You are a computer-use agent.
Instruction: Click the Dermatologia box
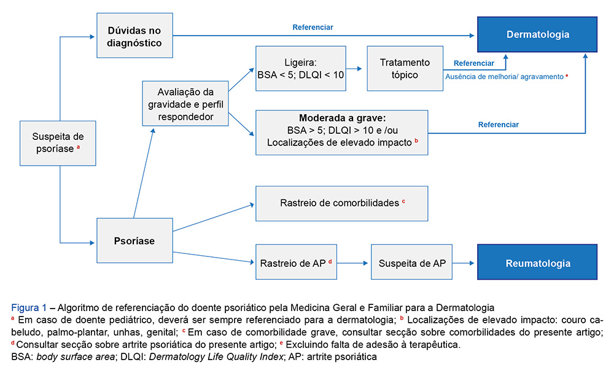[537, 35]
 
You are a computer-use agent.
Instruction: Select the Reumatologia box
[537, 263]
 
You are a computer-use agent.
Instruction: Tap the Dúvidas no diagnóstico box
[134, 36]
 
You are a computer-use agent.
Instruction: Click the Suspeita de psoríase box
[58, 143]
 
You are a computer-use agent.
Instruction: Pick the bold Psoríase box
[135, 241]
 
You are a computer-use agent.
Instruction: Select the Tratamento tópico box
[405, 69]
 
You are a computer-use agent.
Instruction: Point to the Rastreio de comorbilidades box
[342, 202]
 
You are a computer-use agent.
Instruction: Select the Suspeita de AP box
[413, 263]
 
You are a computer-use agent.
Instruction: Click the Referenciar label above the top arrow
[313, 27]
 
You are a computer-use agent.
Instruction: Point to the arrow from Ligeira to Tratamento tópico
[356, 69]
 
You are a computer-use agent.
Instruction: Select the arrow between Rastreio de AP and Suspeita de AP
[355, 263]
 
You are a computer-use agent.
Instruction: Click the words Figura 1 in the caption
[28, 307]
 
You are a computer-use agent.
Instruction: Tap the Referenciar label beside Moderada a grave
[498, 125]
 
